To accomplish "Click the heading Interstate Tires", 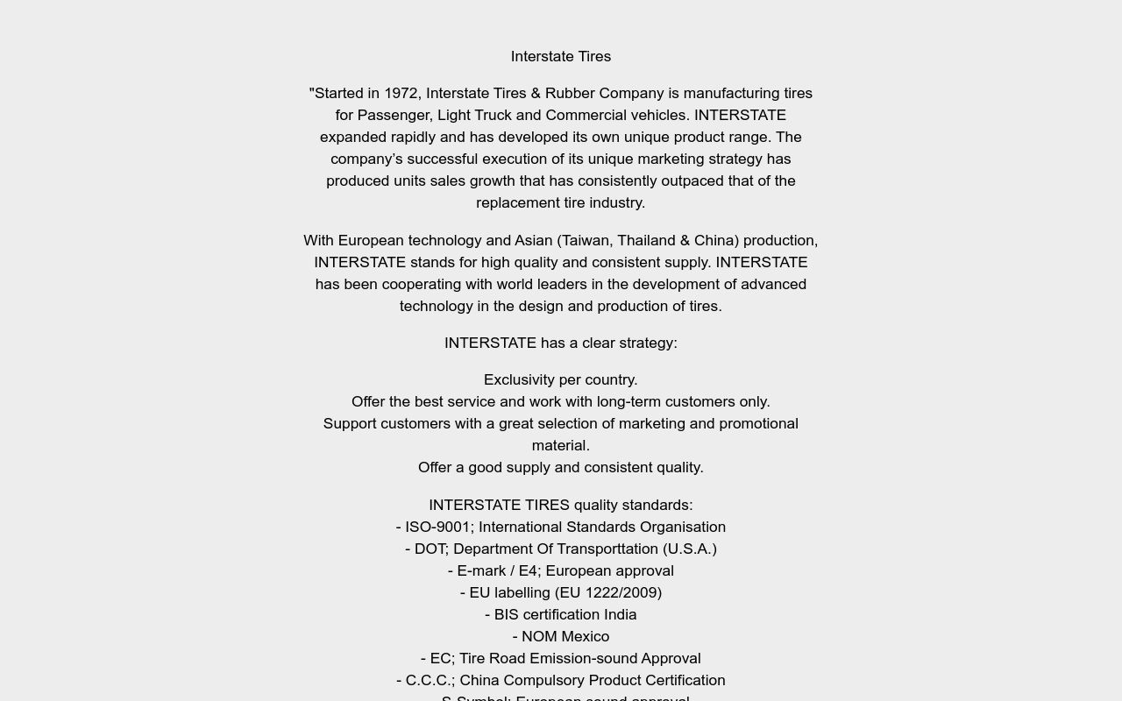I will (x=561, y=56).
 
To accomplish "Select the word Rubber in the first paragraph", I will (x=570, y=93).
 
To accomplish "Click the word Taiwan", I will (x=589, y=240).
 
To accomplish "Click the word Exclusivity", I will (x=518, y=379).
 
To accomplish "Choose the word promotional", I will (x=752, y=423).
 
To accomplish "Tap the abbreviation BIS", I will (x=507, y=614).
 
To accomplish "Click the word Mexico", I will (x=585, y=636).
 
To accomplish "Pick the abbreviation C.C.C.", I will (x=428, y=680).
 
